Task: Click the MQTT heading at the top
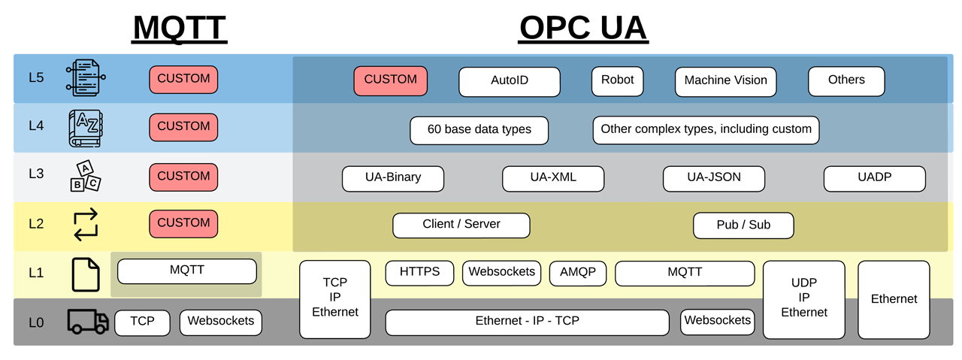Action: click(180, 28)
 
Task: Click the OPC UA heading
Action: click(583, 28)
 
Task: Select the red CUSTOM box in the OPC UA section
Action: click(390, 80)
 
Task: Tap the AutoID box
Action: click(509, 81)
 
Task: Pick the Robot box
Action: click(617, 80)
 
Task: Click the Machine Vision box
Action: click(725, 81)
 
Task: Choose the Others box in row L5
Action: click(846, 80)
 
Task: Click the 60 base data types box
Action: click(479, 130)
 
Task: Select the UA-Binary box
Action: click(393, 178)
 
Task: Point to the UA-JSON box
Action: click(713, 178)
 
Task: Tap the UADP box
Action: click(874, 178)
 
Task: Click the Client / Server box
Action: click(461, 225)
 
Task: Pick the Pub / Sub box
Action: click(743, 225)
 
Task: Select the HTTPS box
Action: click(420, 273)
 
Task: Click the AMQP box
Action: click(577, 273)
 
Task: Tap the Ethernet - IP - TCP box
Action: click(527, 322)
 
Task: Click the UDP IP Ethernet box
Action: click(803, 299)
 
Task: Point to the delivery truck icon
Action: click(87, 321)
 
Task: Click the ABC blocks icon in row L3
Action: click(85, 175)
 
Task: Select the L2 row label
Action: click(36, 224)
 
